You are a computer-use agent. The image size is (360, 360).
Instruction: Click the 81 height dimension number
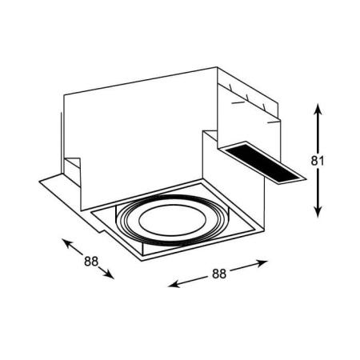(x=318, y=161)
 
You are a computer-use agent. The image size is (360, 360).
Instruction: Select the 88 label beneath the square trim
(x=219, y=274)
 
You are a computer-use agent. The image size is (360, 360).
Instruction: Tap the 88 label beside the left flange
(x=91, y=262)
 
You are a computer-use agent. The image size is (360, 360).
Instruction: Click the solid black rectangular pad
(x=262, y=163)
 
